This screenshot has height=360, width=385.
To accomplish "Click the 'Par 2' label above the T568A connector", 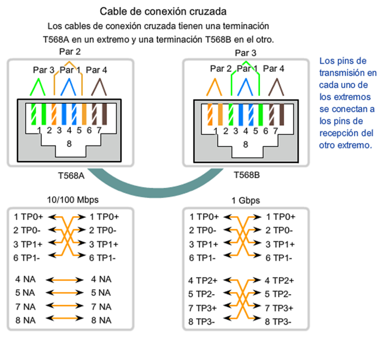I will point(70,52).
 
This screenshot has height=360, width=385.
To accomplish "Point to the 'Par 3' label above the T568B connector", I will point(246,53).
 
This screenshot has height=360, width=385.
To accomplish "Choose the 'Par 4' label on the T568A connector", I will point(97,70).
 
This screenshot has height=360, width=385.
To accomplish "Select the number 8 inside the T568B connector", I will point(246,144).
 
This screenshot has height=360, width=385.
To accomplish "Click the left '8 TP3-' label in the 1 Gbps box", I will point(201,321).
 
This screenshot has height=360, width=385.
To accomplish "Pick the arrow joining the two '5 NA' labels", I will point(66,292).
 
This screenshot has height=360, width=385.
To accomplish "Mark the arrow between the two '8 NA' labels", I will point(66,320).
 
